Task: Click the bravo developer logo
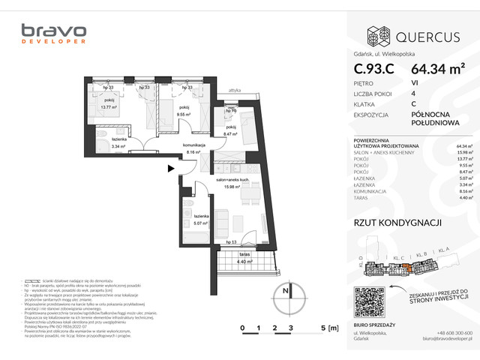(53, 36)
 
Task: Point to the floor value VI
(415, 83)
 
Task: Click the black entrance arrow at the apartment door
(170, 169)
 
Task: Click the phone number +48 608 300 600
(453, 332)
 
